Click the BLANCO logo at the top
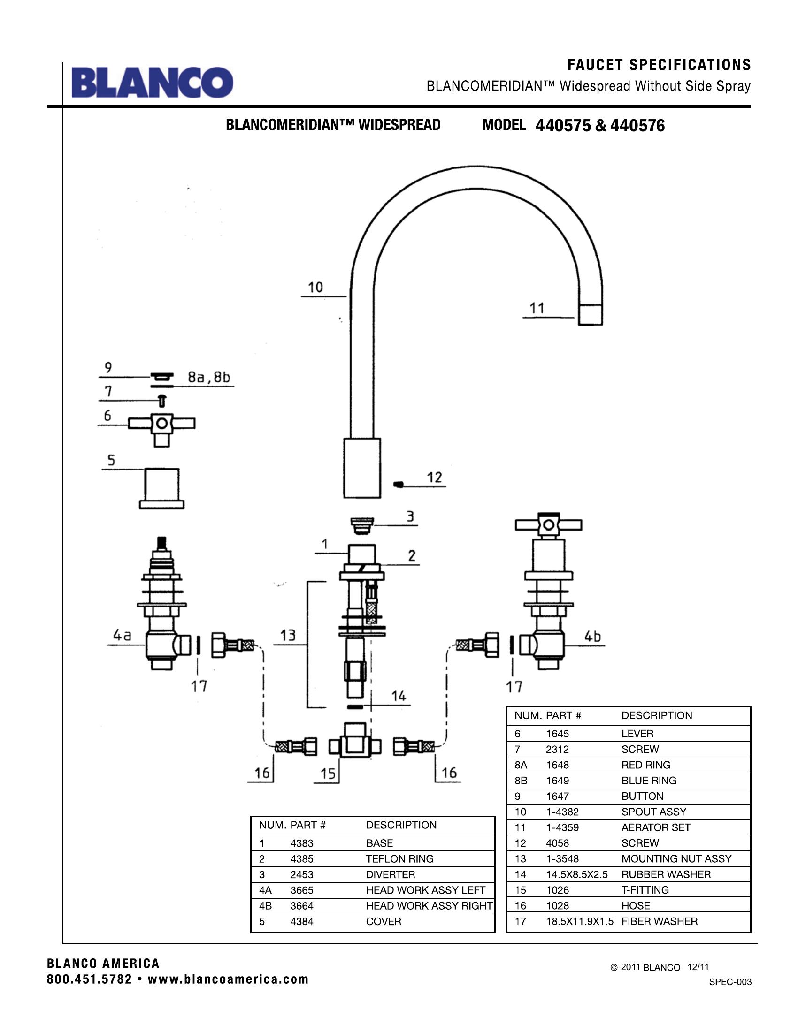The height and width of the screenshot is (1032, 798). click(152, 83)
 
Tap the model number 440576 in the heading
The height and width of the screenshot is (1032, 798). click(637, 126)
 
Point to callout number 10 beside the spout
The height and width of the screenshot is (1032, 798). click(315, 287)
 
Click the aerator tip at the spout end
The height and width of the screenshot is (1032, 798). click(591, 314)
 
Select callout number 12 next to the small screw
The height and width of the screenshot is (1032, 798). click(435, 477)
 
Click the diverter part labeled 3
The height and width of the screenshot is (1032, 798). click(362, 525)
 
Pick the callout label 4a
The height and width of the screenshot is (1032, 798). click(122, 636)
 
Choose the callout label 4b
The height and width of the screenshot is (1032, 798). click(593, 637)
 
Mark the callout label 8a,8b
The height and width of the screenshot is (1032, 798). click(209, 377)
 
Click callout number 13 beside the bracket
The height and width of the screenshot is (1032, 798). click(288, 635)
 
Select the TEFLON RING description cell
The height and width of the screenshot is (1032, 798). click(399, 858)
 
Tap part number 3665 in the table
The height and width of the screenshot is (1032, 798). click(302, 890)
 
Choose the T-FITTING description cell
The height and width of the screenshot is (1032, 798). click(645, 890)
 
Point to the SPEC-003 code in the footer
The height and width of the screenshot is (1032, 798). click(730, 982)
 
